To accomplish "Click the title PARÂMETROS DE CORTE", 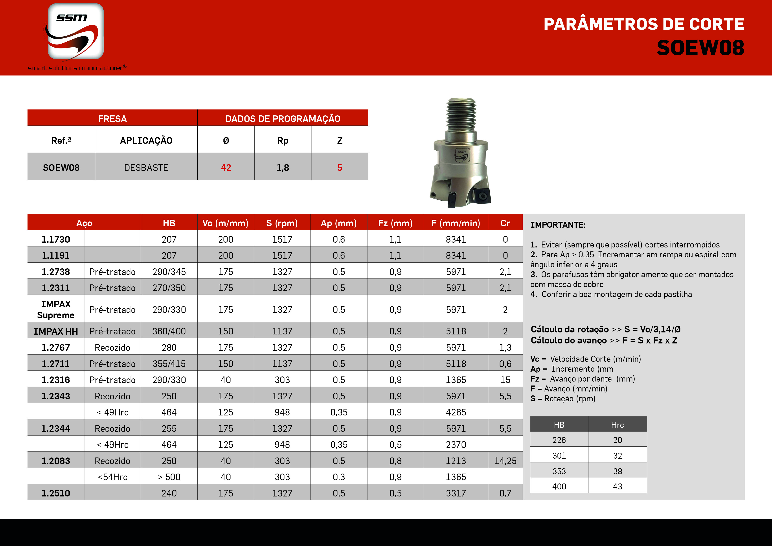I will click(x=643, y=24).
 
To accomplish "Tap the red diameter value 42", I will click(x=226, y=168).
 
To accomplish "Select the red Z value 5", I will click(x=340, y=168).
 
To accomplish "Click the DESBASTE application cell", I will click(x=146, y=168).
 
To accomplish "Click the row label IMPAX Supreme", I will click(x=56, y=310).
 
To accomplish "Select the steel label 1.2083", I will click(x=56, y=461).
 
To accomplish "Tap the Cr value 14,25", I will click(x=505, y=461).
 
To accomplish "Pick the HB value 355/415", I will click(x=169, y=364).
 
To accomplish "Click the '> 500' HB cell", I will click(x=169, y=477).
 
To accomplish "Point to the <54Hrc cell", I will click(x=112, y=477).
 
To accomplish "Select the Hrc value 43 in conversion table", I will click(x=617, y=487).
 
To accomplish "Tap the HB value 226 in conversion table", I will click(x=559, y=440).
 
